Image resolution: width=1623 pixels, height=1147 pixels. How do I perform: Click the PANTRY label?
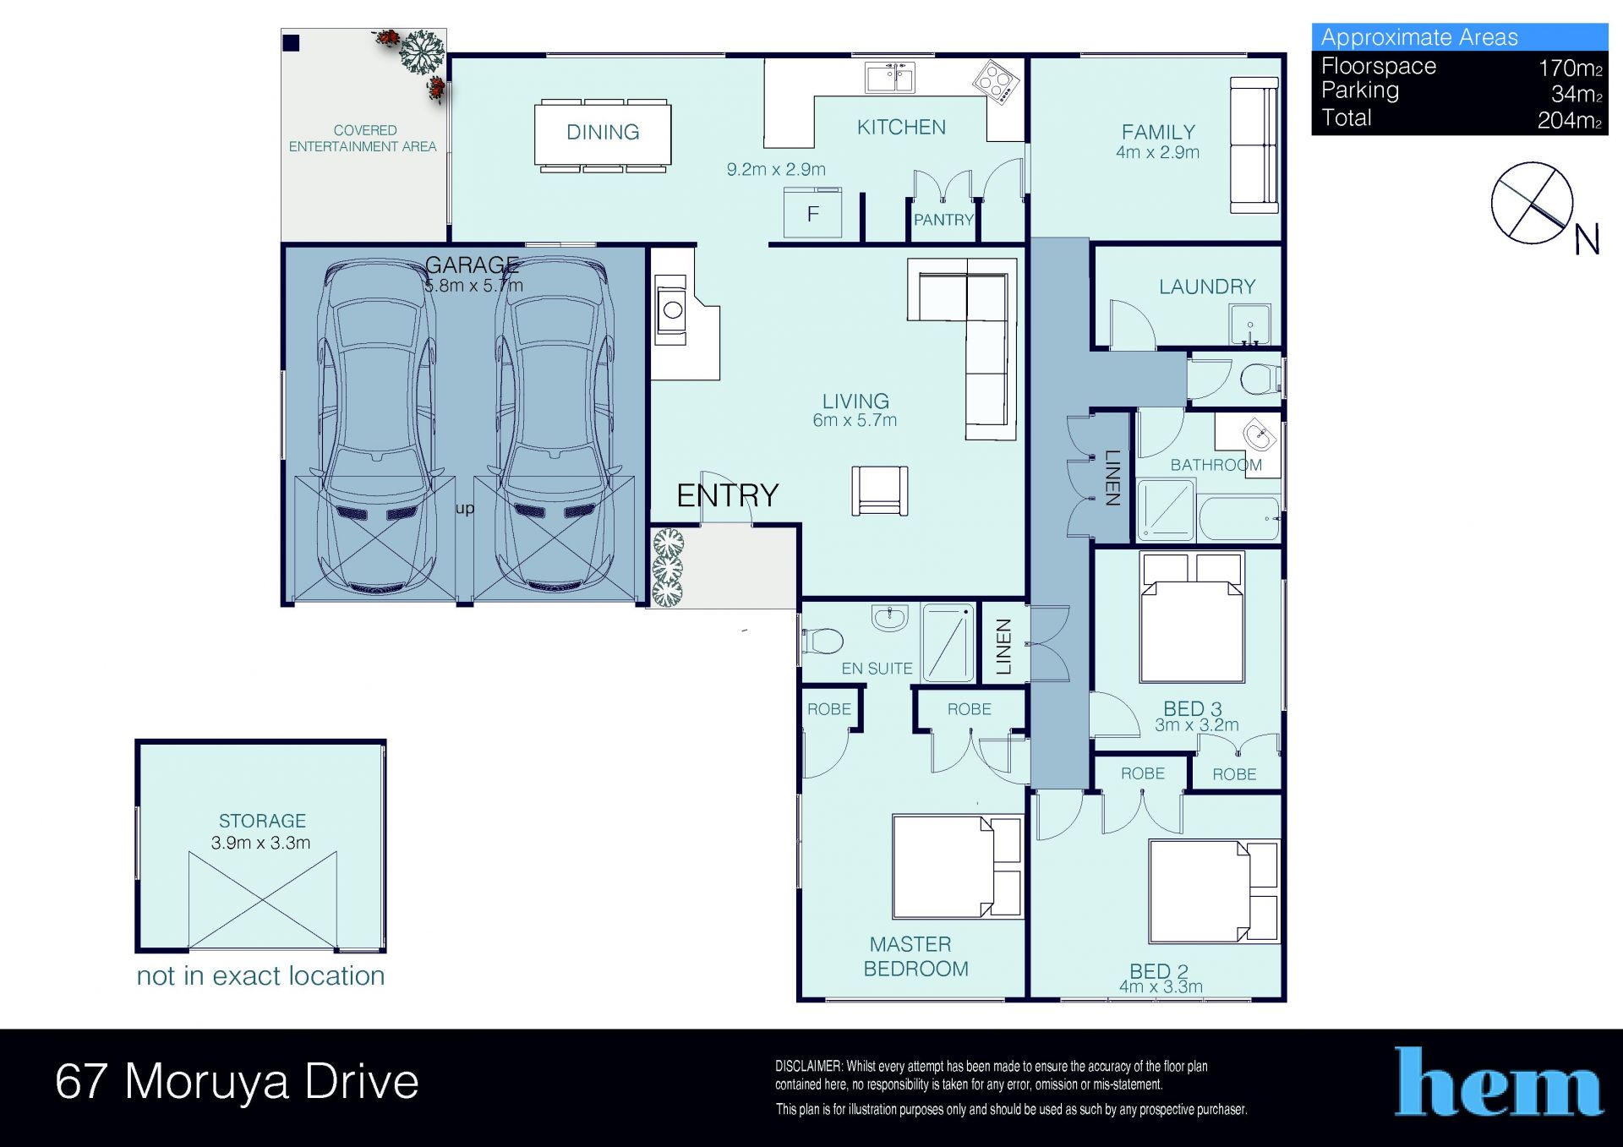click(x=943, y=220)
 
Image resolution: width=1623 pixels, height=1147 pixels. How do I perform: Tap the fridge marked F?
click(x=813, y=213)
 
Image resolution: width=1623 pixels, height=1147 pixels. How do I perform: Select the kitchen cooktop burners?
click(x=996, y=82)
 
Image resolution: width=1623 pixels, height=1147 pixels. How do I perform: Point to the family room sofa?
click(x=1254, y=145)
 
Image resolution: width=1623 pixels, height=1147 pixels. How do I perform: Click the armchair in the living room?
click(x=879, y=490)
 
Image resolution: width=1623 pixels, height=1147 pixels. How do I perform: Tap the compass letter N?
click(x=1587, y=240)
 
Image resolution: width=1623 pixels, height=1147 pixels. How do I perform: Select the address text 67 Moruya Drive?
click(x=237, y=1081)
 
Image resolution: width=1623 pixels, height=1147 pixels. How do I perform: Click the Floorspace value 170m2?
click(x=1570, y=68)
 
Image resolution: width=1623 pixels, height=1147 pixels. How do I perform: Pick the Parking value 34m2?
click(x=1577, y=94)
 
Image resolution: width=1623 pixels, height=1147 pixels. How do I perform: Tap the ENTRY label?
click(x=727, y=495)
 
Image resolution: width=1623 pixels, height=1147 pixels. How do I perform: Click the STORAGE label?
click(x=262, y=821)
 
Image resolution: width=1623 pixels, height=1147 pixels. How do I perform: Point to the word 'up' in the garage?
click(x=465, y=509)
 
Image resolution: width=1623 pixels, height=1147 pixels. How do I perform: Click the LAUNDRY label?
click(x=1207, y=287)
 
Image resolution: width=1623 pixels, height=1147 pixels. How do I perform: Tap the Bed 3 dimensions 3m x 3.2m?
click(x=1197, y=725)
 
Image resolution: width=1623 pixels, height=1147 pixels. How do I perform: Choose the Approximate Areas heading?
click(x=1419, y=37)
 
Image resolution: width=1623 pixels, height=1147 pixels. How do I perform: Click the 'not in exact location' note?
click(x=260, y=975)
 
